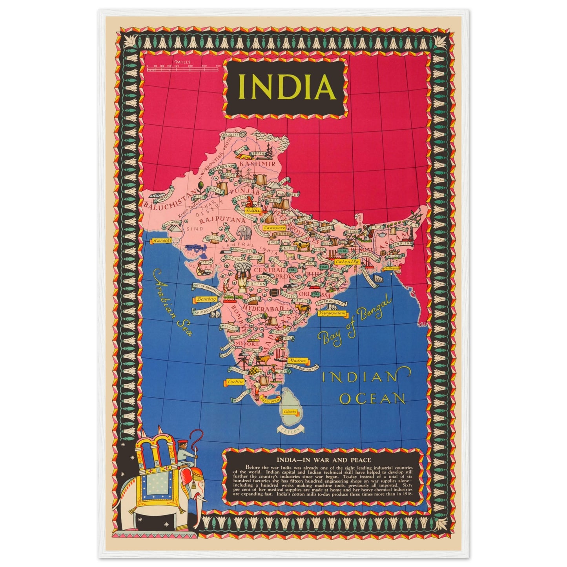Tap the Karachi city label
161,240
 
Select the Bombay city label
206,299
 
